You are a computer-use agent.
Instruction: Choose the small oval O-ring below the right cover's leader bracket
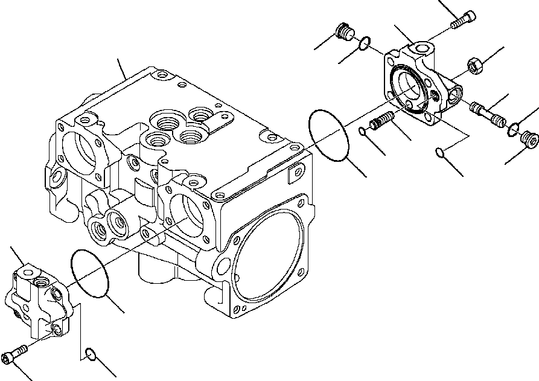[x=442, y=152]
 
